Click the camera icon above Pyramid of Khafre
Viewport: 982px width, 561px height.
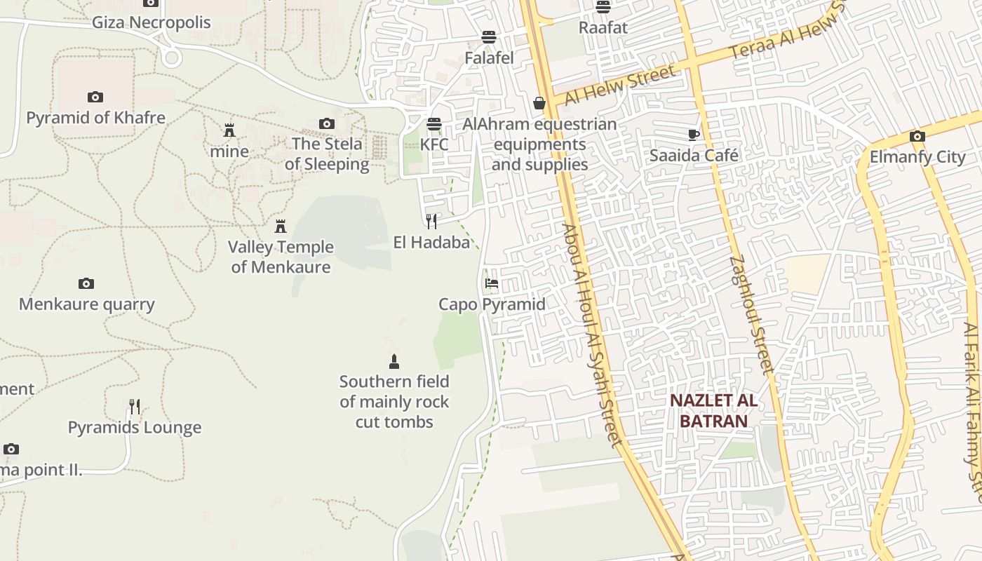(95, 97)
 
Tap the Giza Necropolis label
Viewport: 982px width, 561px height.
(152, 22)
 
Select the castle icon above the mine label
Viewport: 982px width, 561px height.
(229, 130)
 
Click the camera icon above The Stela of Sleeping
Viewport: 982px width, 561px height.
(326, 124)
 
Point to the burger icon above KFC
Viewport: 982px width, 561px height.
(434, 125)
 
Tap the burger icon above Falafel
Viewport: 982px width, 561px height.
(489, 37)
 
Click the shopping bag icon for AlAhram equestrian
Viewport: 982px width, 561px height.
(539, 104)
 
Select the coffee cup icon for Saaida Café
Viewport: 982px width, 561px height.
(694, 135)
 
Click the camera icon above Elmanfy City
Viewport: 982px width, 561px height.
(917, 137)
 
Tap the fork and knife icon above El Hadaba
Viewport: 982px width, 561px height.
(431, 222)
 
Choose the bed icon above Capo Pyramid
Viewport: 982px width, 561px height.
(492, 284)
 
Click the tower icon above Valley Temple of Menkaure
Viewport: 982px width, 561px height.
(281, 227)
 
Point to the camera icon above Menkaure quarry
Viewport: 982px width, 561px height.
(86, 284)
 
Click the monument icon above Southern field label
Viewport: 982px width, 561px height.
(394, 362)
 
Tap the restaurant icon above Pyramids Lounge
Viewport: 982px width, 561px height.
(135, 407)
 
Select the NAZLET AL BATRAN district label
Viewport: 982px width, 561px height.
(713, 410)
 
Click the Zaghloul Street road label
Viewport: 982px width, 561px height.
(751, 313)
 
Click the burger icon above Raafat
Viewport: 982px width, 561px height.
(603, 7)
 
